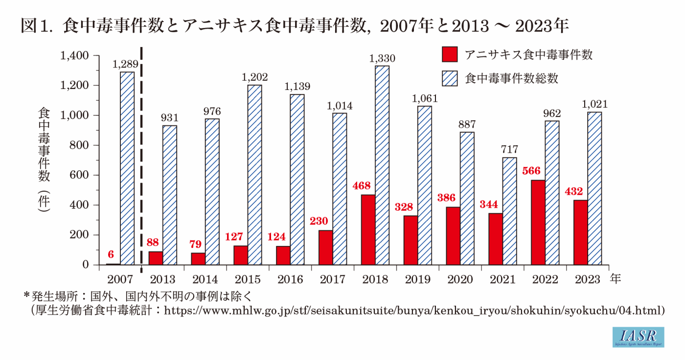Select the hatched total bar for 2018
382,165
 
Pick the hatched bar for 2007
127,169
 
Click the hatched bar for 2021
509,211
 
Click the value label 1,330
382,59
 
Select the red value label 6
111,255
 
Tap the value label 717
509,150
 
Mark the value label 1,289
127,64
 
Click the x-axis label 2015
247,279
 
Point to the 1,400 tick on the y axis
74,56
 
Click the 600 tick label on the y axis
79,175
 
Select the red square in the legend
449,54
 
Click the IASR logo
638,337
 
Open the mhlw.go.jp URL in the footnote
413,310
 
